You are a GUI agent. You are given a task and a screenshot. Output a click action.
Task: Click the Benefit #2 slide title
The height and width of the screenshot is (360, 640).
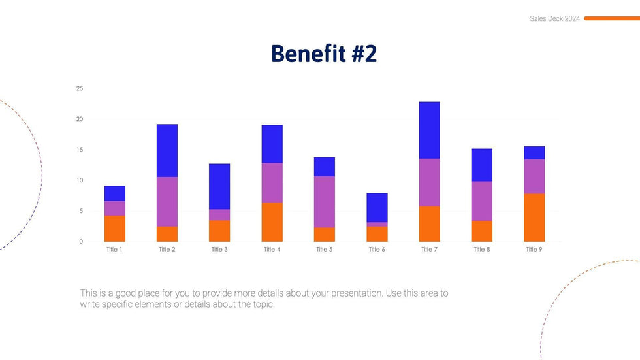[x=324, y=54]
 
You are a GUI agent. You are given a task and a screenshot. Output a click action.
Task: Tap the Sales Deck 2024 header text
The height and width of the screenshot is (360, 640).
[x=554, y=19]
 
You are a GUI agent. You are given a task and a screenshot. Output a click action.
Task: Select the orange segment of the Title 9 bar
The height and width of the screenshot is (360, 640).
[x=534, y=218]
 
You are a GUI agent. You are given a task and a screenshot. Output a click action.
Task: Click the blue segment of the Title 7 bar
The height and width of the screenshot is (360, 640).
[x=429, y=130]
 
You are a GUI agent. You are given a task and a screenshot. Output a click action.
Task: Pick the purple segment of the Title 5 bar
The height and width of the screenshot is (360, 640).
[x=324, y=202]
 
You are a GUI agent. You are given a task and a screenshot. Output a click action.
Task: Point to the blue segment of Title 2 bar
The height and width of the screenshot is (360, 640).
[x=167, y=150]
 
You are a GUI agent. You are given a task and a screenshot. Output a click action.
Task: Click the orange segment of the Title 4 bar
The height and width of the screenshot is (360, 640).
[x=272, y=222]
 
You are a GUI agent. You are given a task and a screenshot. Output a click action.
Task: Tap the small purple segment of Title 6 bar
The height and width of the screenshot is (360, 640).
[x=377, y=224]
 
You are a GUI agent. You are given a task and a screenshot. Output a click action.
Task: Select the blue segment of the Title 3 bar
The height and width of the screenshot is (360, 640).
[x=219, y=186]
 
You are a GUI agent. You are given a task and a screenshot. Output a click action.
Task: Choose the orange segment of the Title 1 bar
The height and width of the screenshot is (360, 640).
[x=115, y=229]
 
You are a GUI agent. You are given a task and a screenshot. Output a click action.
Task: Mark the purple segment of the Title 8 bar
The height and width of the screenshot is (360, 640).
[x=481, y=201]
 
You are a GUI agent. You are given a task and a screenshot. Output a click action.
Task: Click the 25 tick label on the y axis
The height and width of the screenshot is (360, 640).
[x=80, y=88]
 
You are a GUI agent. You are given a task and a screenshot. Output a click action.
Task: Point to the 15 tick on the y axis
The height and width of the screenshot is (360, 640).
[x=80, y=150]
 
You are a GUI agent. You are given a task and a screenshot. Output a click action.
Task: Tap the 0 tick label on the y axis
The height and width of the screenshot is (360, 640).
[x=81, y=242]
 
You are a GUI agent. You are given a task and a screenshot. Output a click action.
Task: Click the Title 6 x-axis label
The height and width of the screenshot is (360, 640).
[x=377, y=250]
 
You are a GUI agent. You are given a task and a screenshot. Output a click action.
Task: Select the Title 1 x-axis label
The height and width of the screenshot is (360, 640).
[x=114, y=250]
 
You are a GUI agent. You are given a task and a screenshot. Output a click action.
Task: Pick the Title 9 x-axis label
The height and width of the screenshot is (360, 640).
[x=534, y=250]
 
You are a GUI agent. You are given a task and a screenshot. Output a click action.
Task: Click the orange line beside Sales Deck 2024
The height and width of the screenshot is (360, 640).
[x=611, y=18]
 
